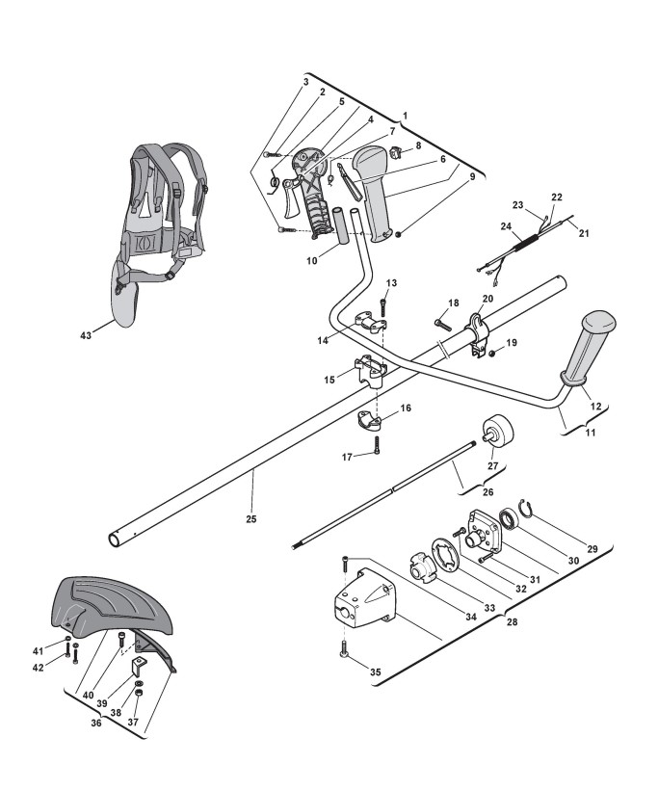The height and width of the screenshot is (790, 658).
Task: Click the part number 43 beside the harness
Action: click(85, 334)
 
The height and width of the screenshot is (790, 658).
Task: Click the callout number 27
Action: click(491, 466)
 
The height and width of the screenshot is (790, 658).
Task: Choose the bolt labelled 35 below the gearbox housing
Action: click(344, 651)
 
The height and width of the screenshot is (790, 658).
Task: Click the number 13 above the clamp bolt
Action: click(391, 282)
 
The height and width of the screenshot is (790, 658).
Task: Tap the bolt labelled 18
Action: click(444, 320)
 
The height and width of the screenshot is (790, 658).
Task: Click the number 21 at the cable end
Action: click(582, 230)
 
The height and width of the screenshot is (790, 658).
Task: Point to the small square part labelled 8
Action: click(396, 151)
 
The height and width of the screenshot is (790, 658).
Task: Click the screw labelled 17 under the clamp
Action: click(377, 446)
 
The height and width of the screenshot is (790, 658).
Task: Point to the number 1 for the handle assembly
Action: click(405, 114)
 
